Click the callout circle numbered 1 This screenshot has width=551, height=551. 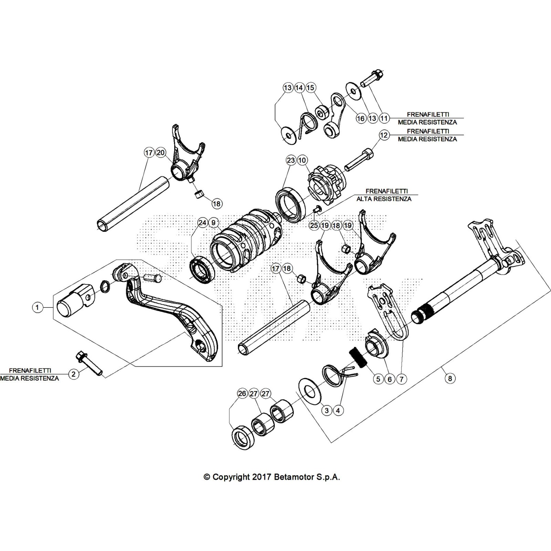tap(37, 307)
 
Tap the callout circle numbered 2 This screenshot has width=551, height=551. tap(73, 374)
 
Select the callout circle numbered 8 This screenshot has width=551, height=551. tap(450, 378)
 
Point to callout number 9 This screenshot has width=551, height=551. tap(214, 223)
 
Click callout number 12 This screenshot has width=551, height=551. tap(384, 135)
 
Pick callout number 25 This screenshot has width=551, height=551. tap(314, 226)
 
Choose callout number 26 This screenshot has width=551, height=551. tap(242, 394)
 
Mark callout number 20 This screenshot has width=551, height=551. tap(160, 153)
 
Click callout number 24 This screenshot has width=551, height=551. tap(202, 223)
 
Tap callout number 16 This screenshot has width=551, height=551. tap(361, 118)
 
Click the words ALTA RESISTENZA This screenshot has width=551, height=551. tap(384, 199)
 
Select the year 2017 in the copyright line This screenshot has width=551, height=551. tap(262, 477)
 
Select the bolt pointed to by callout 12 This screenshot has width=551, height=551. tap(358, 159)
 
